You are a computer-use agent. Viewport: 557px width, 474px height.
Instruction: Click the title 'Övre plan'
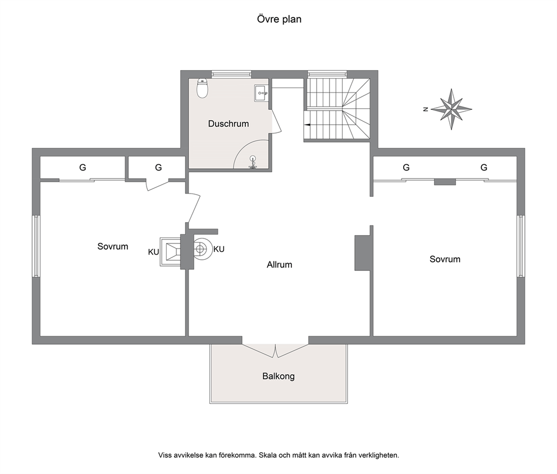pyautogui.click(x=279, y=19)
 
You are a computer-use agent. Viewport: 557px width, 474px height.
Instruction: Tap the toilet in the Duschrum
pyautogui.click(x=203, y=88)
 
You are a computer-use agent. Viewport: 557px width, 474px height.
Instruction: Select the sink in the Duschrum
pyautogui.click(x=261, y=93)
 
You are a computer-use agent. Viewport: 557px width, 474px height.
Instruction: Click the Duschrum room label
pyautogui.click(x=229, y=124)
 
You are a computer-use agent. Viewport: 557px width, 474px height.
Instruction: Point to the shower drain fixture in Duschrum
pyautogui.click(x=253, y=162)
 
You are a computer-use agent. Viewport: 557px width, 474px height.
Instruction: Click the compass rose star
pyautogui.click(x=451, y=109)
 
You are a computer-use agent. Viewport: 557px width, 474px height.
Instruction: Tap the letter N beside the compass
pyautogui.click(x=426, y=109)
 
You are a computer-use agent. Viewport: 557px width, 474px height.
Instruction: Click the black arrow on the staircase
pyautogui.click(x=307, y=125)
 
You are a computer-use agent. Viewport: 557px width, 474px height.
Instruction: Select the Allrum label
pyautogui.click(x=280, y=265)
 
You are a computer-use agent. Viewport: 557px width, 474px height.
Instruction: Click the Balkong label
pyautogui.click(x=278, y=376)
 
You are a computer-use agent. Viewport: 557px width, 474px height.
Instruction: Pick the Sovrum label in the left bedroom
pyautogui.click(x=113, y=247)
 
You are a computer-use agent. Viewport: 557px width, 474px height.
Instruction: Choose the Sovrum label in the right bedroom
pyautogui.click(x=445, y=259)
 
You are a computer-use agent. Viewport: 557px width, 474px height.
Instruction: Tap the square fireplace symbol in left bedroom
pyautogui.click(x=171, y=252)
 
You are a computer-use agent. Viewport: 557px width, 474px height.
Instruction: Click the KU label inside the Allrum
pyautogui.click(x=219, y=250)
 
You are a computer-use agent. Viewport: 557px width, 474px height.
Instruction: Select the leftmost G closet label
pyautogui.click(x=83, y=168)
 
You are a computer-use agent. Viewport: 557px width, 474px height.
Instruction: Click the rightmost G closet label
pyautogui.click(x=484, y=168)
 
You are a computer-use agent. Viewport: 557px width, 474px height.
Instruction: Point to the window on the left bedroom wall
pyautogui.click(x=36, y=246)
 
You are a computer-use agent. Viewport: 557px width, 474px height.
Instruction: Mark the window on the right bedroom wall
pyautogui.click(x=521, y=246)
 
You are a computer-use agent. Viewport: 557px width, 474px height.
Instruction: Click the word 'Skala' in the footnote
pyautogui.click(x=267, y=455)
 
